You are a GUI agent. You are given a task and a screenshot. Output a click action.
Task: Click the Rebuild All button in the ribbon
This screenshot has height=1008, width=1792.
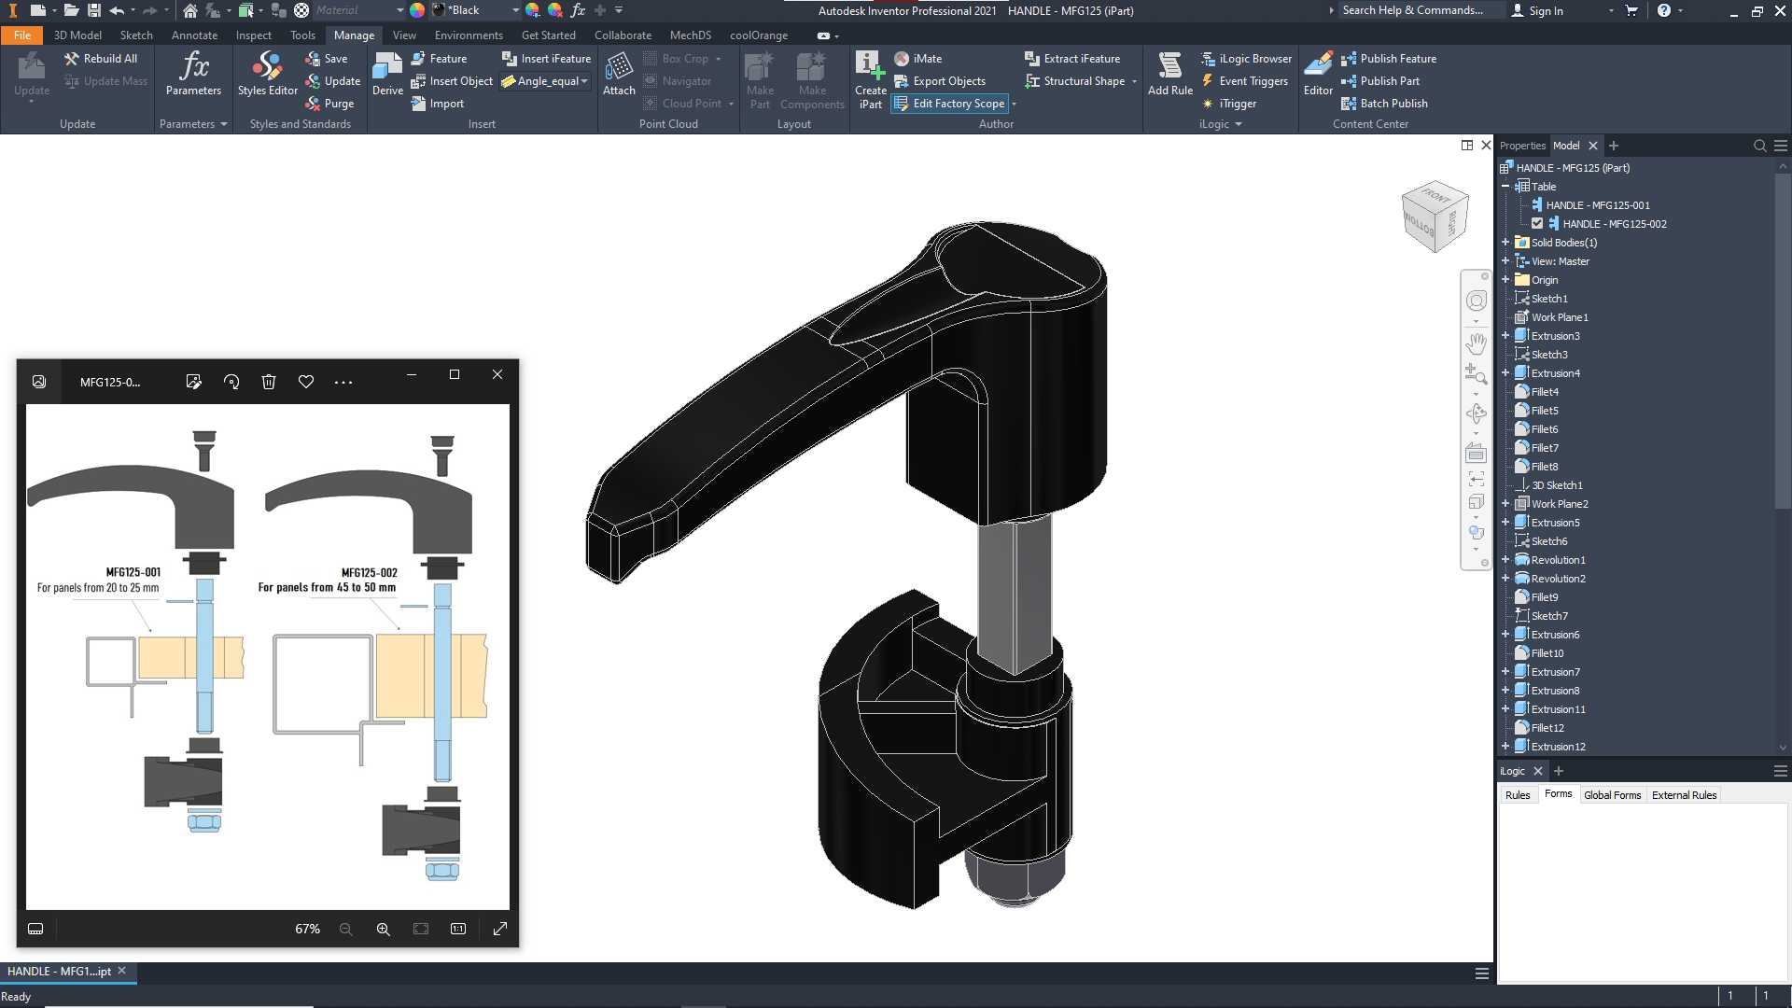(101, 58)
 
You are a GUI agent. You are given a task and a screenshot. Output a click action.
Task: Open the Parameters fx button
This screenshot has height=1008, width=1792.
(193, 74)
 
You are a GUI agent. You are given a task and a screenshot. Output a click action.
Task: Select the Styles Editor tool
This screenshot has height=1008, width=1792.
(267, 74)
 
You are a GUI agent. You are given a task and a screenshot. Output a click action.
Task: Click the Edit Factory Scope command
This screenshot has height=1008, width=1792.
(950, 104)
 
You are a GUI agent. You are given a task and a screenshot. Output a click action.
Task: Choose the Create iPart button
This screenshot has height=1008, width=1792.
(870, 80)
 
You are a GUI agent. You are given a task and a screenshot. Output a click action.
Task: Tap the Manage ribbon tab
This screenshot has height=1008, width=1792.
(354, 35)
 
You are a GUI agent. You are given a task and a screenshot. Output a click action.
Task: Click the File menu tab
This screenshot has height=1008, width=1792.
(22, 35)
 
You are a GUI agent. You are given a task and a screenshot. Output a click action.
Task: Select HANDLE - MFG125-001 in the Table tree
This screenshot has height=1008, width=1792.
(1597, 205)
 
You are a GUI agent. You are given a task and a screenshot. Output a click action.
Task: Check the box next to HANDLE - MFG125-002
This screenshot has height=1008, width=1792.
(1537, 224)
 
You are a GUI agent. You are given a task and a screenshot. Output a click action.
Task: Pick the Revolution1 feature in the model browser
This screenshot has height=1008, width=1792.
(1558, 560)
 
